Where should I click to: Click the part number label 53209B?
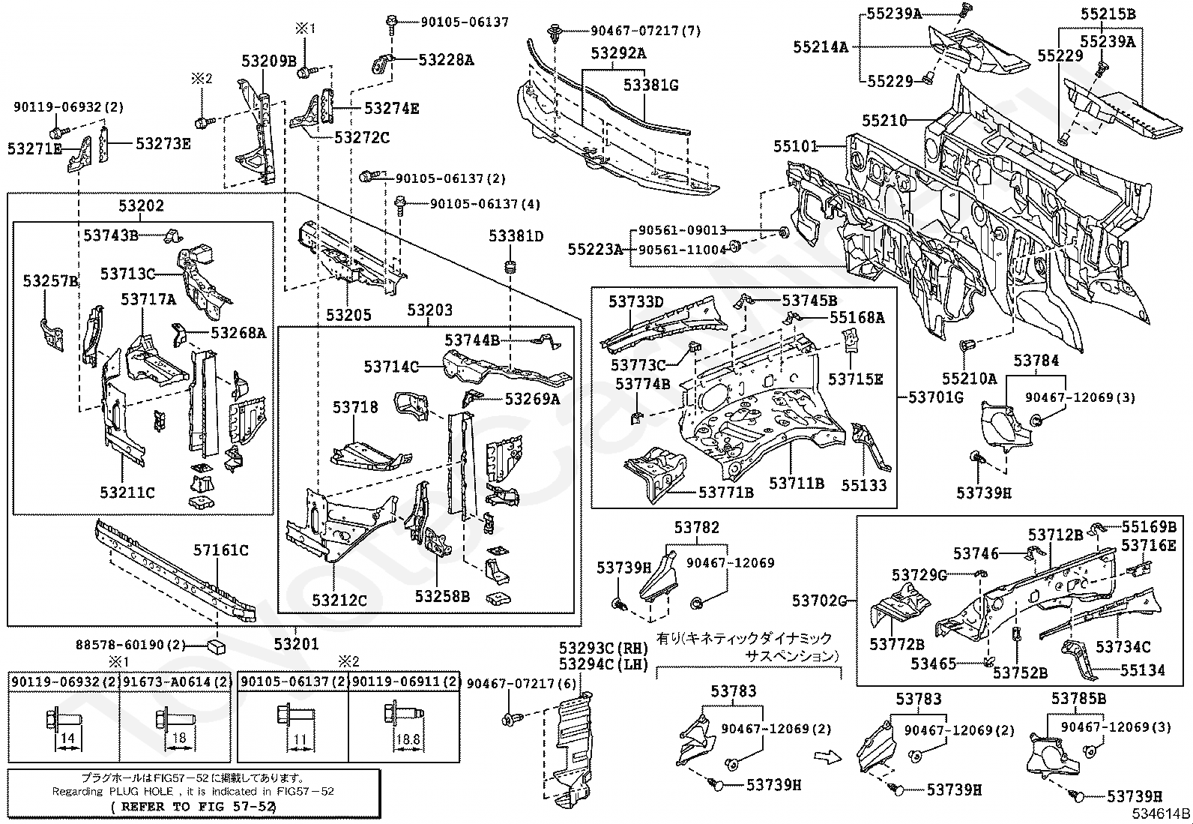(x=269, y=61)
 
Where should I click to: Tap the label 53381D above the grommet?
(x=516, y=236)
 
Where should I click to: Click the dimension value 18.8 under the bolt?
(x=407, y=739)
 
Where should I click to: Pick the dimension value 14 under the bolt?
(x=67, y=739)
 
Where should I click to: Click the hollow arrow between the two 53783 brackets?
(x=826, y=757)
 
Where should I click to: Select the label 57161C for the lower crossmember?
(x=221, y=550)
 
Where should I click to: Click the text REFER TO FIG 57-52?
(x=193, y=807)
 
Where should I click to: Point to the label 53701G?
(x=936, y=397)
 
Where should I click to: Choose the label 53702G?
(x=820, y=600)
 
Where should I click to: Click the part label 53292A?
(x=618, y=53)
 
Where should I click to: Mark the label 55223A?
(x=595, y=249)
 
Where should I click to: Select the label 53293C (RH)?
(x=603, y=647)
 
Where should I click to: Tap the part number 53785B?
(x=1078, y=699)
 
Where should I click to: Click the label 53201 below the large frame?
(x=296, y=643)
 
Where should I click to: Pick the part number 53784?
(x=1036, y=361)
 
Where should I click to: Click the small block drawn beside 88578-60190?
(x=217, y=646)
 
